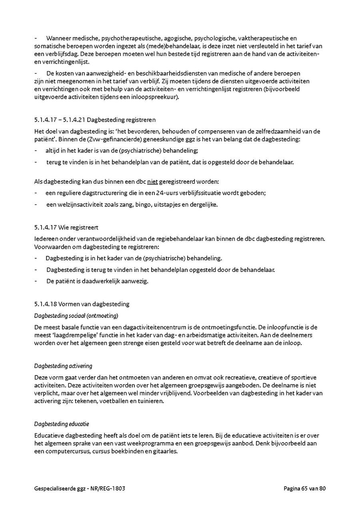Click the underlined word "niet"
point(153,182)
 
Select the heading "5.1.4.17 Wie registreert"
point(66,228)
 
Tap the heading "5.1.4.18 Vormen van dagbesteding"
point(82,304)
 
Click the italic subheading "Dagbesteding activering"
point(63,366)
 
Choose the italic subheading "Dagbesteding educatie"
point(62,423)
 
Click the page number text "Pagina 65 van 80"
point(305,488)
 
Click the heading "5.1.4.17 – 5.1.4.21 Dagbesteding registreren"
point(95,120)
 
